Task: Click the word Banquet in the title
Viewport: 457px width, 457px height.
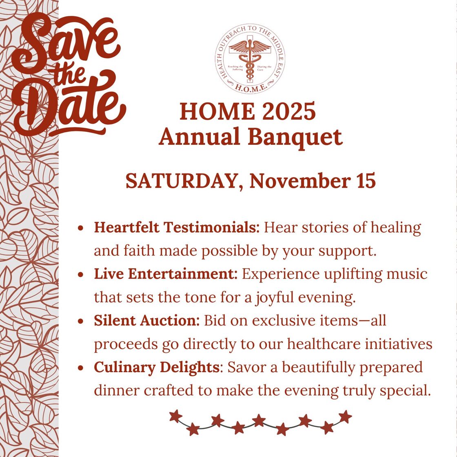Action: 295,138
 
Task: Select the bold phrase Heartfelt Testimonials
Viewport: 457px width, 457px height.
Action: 177,228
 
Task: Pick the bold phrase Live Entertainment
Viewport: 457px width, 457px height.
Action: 166,274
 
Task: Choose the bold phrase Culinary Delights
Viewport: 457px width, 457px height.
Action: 157,367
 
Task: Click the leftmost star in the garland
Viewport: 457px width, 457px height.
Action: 175,416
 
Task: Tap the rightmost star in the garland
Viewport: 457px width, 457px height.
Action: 345,417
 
